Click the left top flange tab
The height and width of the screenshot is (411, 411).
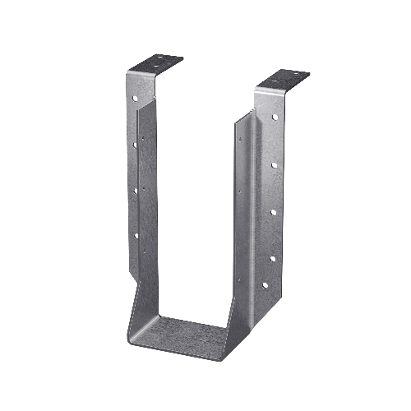click(164, 62)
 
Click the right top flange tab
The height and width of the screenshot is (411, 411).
click(284, 79)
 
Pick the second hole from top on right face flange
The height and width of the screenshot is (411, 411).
click(272, 165)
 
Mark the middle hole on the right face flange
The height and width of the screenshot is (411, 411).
click(272, 212)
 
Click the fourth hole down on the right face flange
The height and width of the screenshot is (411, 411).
click(272, 257)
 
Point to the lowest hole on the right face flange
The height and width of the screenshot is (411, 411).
click(264, 285)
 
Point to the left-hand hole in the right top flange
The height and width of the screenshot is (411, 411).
click(271, 83)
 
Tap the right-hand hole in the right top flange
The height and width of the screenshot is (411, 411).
click(295, 76)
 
